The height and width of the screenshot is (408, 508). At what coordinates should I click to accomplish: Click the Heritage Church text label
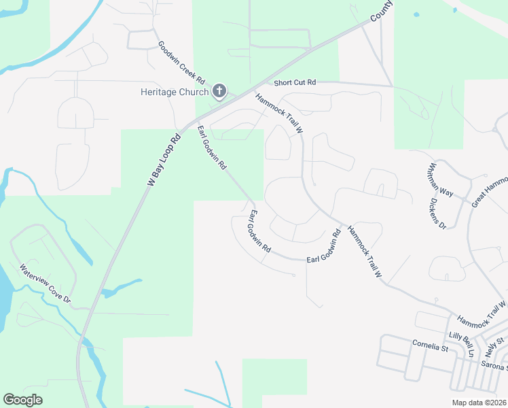(175, 91)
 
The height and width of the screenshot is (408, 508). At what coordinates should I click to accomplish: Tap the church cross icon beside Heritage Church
(219, 90)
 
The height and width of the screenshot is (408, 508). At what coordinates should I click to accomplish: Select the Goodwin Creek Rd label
(181, 63)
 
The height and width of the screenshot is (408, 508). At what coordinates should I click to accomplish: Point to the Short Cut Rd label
(295, 83)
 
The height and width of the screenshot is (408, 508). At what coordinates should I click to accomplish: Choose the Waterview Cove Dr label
(45, 284)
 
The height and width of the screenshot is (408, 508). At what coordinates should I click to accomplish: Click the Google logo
(23, 400)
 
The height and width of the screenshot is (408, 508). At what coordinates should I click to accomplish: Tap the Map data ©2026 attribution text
(479, 403)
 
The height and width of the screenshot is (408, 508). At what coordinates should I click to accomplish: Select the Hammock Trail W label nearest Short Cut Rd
(278, 112)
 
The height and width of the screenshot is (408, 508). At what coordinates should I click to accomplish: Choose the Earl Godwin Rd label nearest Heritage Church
(212, 148)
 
